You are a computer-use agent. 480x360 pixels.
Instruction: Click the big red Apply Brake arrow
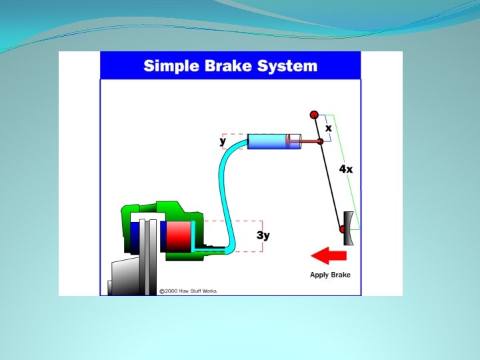tap(329, 255)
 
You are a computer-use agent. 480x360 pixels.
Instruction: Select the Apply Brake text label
tap(330, 275)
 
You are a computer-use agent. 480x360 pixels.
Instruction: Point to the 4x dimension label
tap(346, 169)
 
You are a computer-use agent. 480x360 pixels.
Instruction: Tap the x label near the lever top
tap(329, 127)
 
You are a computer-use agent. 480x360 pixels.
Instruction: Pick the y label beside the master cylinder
tap(223, 141)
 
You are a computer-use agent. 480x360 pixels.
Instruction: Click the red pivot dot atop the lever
tap(314, 115)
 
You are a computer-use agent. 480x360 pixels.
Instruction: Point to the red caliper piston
tap(177, 235)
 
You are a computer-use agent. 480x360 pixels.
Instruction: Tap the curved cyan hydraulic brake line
tap(224, 193)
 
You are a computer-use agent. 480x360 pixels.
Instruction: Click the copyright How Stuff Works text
tap(188, 291)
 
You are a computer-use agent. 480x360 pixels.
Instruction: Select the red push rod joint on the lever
tap(320, 141)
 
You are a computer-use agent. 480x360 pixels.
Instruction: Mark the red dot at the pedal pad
tap(343, 229)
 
